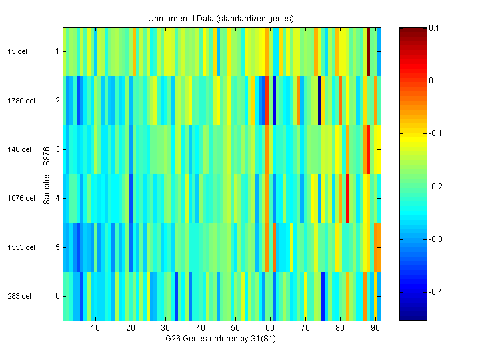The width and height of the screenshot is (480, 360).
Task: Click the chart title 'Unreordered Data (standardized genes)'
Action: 221,18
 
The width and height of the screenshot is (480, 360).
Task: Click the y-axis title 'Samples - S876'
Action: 47,174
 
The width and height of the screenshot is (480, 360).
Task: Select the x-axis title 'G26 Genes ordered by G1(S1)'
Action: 221,339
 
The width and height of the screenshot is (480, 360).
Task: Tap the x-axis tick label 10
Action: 95,328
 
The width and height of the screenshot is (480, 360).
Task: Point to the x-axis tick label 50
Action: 235,328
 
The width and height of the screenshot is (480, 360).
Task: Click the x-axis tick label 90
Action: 375,328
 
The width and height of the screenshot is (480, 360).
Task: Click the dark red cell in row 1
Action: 369,51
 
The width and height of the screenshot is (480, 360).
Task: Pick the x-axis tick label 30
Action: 165,328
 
